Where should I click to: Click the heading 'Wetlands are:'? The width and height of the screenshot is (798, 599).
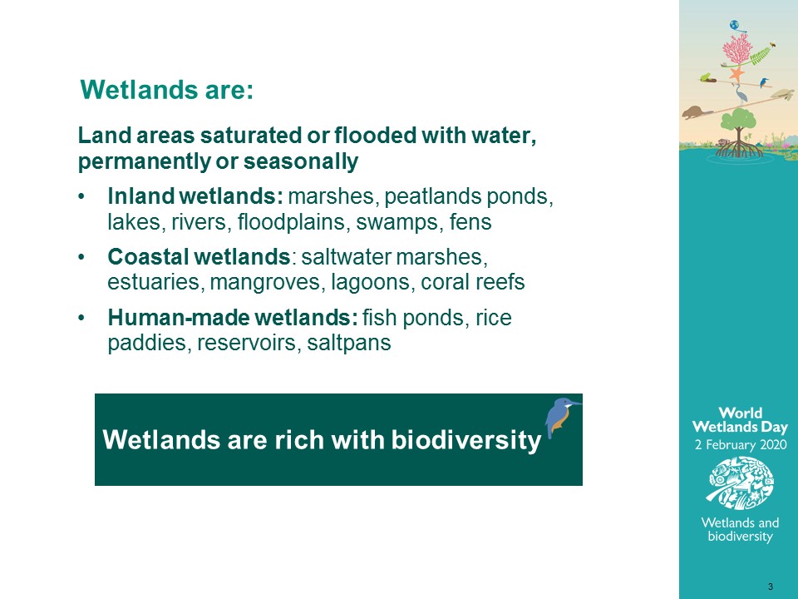pyautogui.click(x=167, y=90)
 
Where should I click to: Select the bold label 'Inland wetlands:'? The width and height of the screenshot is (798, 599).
pyautogui.click(x=195, y=196)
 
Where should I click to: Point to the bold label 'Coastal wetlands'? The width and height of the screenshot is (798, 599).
pyautogui.click(x=199, y=256)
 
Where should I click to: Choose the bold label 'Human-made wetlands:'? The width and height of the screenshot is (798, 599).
pyautogui.click(x=233, y=317)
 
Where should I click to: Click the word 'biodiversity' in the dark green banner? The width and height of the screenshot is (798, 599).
pyautogui.click(x=465, y=440)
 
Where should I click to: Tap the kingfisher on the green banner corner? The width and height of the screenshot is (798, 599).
pyautogui.click(x=561, y=417)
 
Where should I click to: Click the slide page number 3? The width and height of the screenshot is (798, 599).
pyautogui.click(x=771, y=587)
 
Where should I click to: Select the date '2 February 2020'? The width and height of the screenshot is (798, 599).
pyautogui.click(x=741, y=444)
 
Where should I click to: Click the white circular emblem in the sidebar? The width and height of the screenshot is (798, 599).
pyautogui.click(x=741, y=483)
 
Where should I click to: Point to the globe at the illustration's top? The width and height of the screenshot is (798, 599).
pyautogui.click(x=734, y=25)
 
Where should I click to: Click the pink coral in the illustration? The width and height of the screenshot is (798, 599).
pyautogui.click(x=737, y=49)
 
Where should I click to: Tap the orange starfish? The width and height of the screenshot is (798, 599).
pyautogui.click(x=736, y=74)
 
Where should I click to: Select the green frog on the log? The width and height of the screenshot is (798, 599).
pyautogui.click(x=706, y=77)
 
